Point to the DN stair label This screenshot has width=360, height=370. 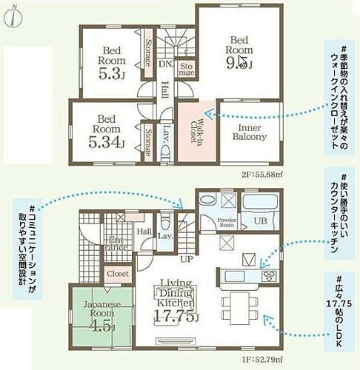pos(163,64)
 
